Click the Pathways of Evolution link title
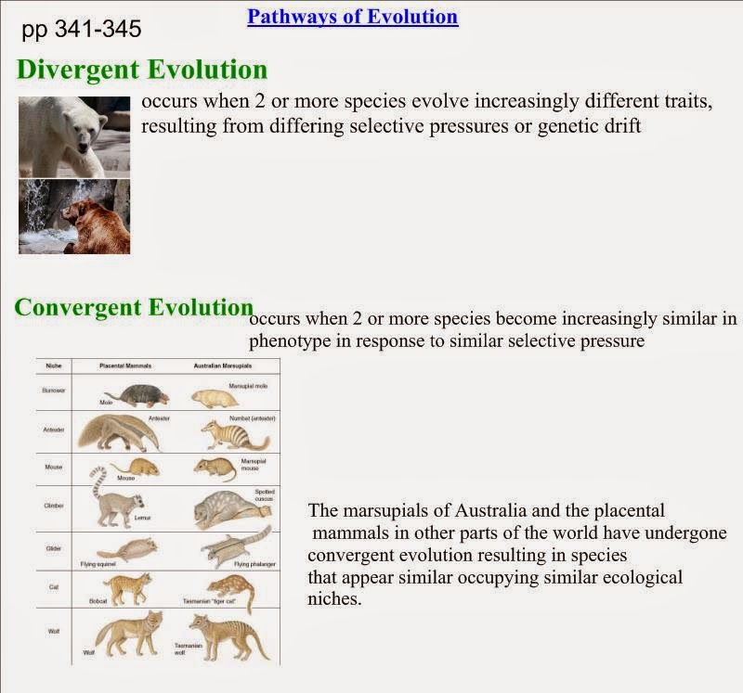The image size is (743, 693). pos(352,17)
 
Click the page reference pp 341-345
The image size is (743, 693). pos(82,30)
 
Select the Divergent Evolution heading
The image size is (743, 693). pos(142,70)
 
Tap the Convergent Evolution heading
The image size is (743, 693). pos(134,308)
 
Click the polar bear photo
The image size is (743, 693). pos(74,136)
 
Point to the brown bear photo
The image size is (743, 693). pos(74,216)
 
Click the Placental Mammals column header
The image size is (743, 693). pos(124,366)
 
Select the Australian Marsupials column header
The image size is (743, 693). pos(224,366)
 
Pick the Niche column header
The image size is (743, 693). pos(53,366)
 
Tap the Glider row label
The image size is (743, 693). pos(53,548)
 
